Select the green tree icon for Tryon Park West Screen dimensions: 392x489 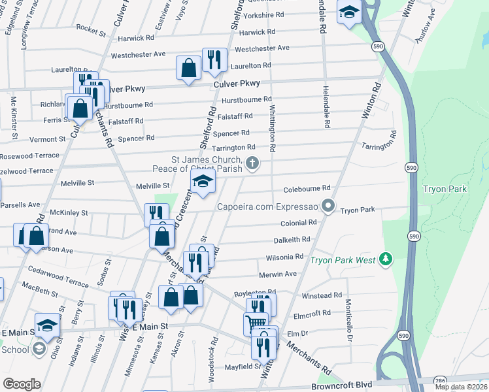tap(386, 259)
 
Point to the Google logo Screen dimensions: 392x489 tap(22, 384)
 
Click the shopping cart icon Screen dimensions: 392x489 tap(256, 323)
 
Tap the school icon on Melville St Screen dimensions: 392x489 tap(203, 182)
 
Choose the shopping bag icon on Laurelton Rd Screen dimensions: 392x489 tap(188, 67)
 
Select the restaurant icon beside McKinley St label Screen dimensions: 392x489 tap(156, 214)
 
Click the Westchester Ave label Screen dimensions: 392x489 tap(261, 48)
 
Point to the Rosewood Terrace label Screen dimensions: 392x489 tap(29, 156)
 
